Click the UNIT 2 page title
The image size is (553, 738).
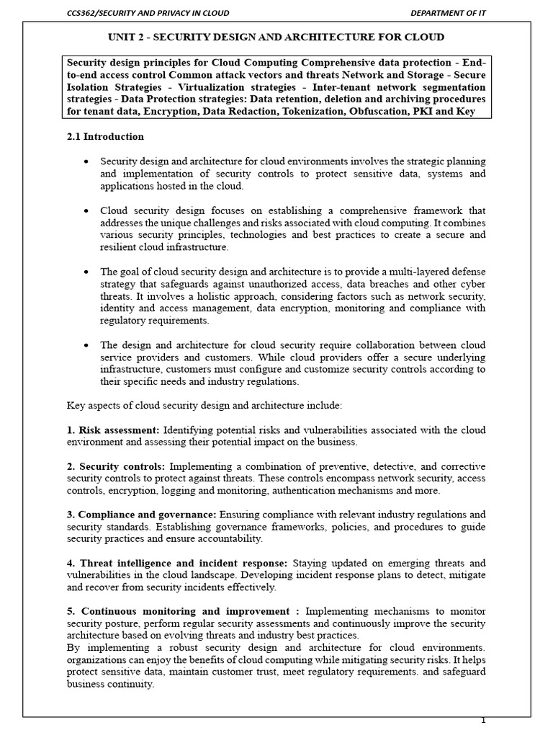click(276, 37)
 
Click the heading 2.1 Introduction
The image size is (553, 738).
click(105, 136)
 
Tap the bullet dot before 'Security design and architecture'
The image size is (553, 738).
click(87, 161)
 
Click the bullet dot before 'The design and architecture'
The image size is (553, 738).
click(87, 344)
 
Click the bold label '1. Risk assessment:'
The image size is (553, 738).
click(115, 430)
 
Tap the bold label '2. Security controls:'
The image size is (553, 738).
click(115, 466)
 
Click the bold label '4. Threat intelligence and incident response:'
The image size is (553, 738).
click(177, 563)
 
